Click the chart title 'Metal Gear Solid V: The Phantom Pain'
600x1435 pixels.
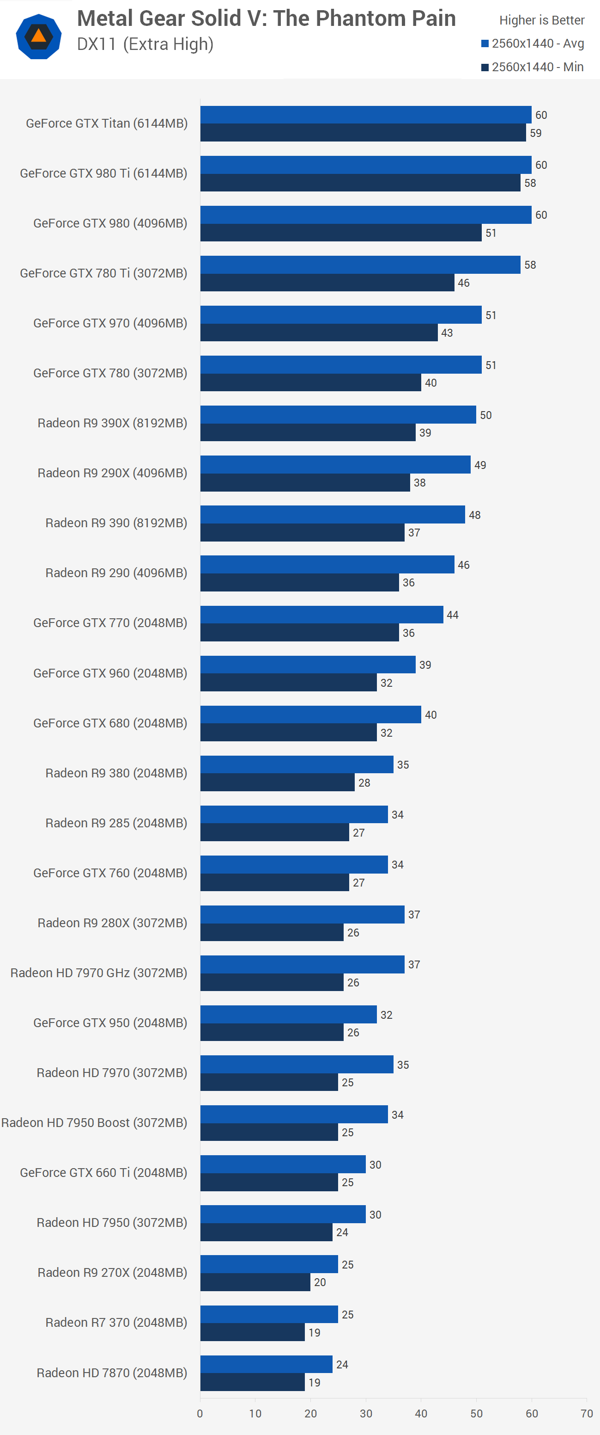(x=266, y=18)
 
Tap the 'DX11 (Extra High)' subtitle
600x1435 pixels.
(x=145, y=44)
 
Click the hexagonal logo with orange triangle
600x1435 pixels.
(x=38, y=37)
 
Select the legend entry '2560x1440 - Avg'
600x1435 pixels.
(x=533, y=43)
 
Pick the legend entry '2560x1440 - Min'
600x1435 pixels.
(x=533, y=67)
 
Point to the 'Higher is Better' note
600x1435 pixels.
(x=541, y=20)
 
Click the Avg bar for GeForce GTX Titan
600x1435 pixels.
(x=366, y=115)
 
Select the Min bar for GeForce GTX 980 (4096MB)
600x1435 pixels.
(x=340, y=233)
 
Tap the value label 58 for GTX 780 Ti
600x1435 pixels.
(x=530, y=265)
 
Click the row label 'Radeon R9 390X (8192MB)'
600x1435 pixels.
(x=112, y=423)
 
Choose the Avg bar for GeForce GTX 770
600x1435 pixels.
(x=321, y=615)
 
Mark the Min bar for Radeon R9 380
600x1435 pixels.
(x=277, y=782)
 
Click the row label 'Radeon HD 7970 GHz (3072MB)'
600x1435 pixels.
(x=98, y=973)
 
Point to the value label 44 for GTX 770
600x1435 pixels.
(x=453, y=615)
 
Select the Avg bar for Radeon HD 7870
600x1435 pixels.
(x=266, y=1364)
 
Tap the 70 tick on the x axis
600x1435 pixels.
(x=587, y=1413)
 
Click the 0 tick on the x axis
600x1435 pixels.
(x=200, y=1413)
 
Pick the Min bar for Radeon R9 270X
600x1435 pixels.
(x=255, y=1282)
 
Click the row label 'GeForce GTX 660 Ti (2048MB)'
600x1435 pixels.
(x=103, y=1173)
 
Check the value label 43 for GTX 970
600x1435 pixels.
(x=447, y=333)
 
